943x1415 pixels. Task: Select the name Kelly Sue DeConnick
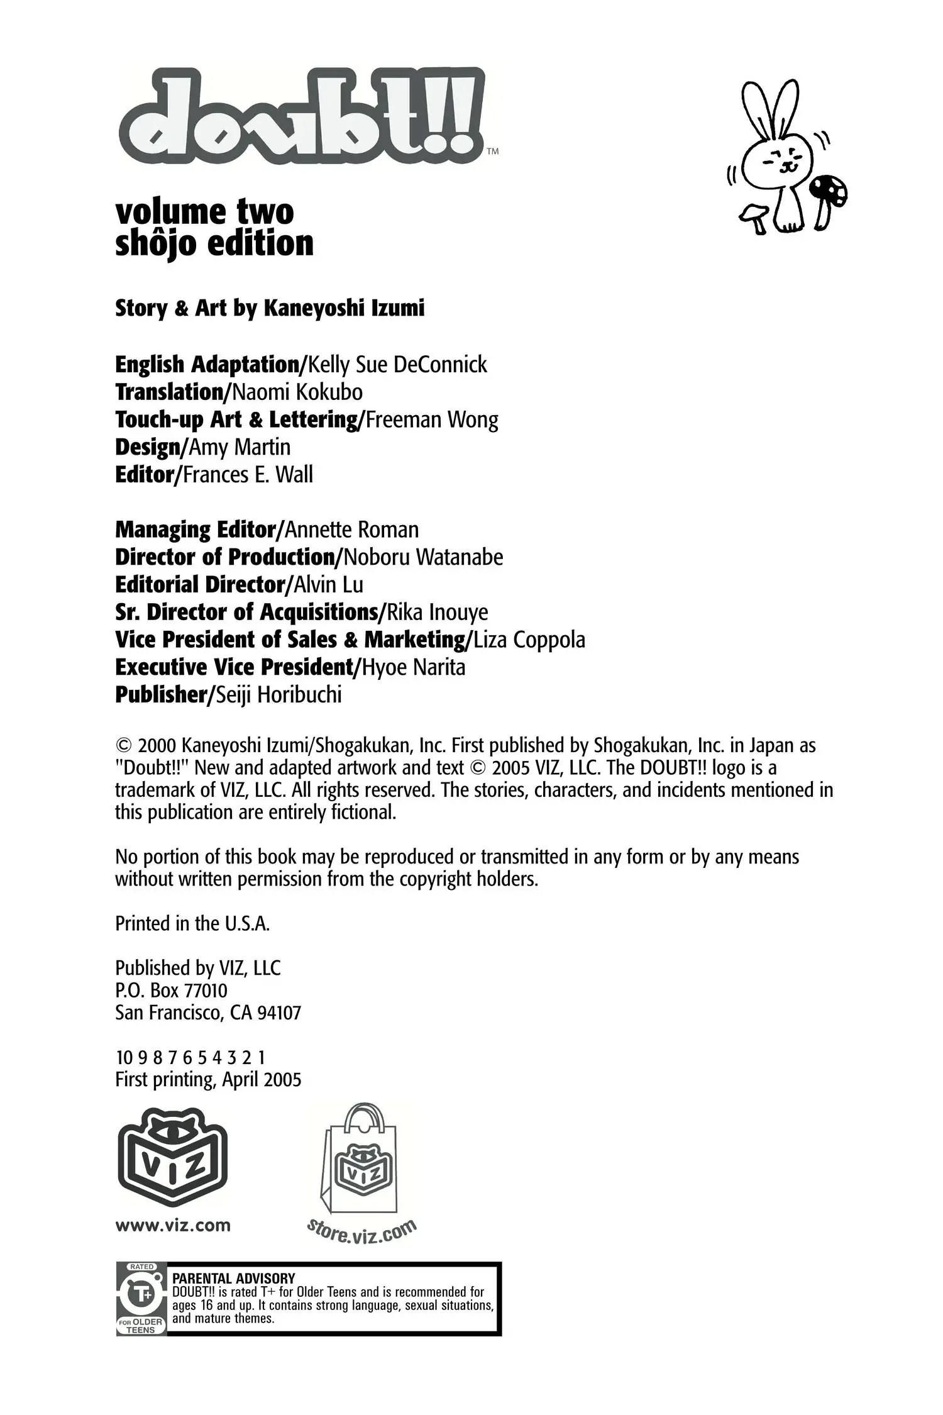point(397,365)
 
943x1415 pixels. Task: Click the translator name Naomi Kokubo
point(297,392)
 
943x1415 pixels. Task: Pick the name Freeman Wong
point(432,420)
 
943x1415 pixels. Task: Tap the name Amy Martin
point(240,447)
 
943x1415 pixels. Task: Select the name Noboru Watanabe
point(424,557)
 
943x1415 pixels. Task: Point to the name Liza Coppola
point(529,640)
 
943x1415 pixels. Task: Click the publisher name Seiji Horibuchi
point(278,695)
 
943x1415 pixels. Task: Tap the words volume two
point(204,212)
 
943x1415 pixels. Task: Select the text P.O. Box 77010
point(171,991)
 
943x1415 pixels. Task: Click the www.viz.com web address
point(173,1226)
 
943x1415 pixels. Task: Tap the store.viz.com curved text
point(361,1231)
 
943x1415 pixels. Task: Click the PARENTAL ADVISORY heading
point(233,1278)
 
